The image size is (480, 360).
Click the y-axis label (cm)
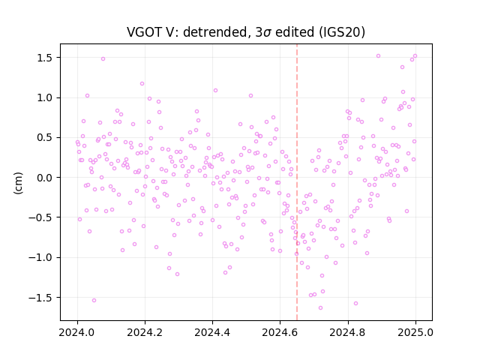pos(18,183)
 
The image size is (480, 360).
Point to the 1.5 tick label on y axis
pos(46,58)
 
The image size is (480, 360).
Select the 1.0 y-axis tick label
pos(46,97)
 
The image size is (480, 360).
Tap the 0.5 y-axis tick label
pos(46,138)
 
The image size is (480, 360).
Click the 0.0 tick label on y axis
pos(46,178)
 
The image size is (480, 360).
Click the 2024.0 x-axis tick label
pos(77,332)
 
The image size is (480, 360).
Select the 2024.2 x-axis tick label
pos(145,332)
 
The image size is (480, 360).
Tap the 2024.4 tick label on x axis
pos(212,332)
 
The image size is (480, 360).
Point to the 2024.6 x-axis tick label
pos(280,332)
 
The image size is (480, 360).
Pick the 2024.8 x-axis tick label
pos(348,332)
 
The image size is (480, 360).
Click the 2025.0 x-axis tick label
pos(415,332)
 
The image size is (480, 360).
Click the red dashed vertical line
pos(297,182)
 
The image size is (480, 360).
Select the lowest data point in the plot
pos(320,307)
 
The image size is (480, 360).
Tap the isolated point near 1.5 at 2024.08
pos(103,58)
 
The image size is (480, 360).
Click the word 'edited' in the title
pos(295,32)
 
